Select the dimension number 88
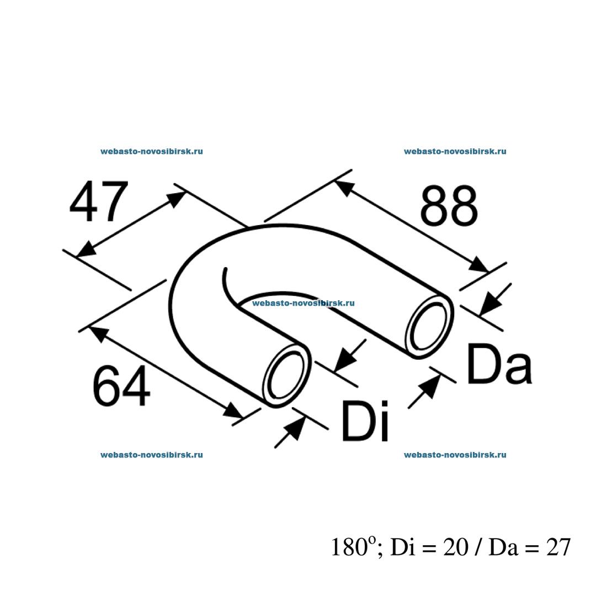448,206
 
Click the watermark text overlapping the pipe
303,303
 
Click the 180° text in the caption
353,547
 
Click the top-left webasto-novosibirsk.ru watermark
152,151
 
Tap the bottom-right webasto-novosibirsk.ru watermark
455,455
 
